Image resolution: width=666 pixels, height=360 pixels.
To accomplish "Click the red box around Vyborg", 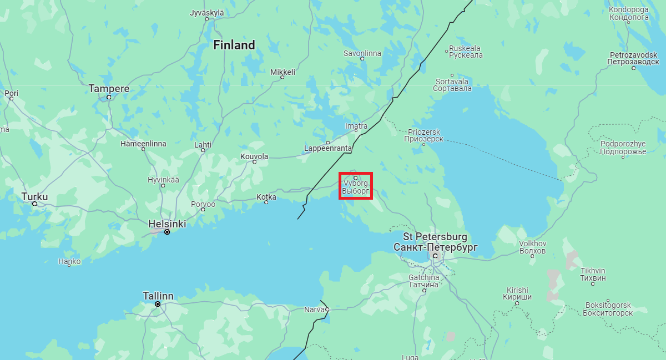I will click(355, 185).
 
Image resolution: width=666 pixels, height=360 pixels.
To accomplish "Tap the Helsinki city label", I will click(167, 224).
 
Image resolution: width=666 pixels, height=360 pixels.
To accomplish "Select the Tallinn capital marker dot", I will click(158, 304).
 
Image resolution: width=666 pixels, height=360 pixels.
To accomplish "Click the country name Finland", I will click(234, 45).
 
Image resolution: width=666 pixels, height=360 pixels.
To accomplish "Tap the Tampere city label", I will click(109, 89).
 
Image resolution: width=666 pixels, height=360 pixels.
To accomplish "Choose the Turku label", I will click(34, 196).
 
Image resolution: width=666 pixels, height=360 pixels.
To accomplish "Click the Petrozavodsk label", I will click(633, 58).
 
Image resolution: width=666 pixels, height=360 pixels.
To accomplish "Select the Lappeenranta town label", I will click(327, 148).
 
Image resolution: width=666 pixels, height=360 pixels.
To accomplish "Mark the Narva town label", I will click(314, 310).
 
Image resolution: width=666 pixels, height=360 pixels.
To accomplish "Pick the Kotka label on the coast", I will click(266, 197).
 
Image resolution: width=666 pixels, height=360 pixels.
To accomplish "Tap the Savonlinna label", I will click(362, 53).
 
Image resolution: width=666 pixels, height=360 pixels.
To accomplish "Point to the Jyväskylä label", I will click(206, 12).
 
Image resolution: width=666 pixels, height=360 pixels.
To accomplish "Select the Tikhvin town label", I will click(593, 274).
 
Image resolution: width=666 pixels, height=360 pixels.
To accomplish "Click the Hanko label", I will click(69, 261).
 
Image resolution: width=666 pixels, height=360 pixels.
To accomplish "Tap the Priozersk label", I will click(423, 135).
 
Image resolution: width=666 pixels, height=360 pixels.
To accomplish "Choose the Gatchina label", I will click(423, 281).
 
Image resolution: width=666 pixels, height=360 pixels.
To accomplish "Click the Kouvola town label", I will click(254, 156).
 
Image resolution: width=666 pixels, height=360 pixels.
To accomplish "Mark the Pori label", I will click(11, 93).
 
